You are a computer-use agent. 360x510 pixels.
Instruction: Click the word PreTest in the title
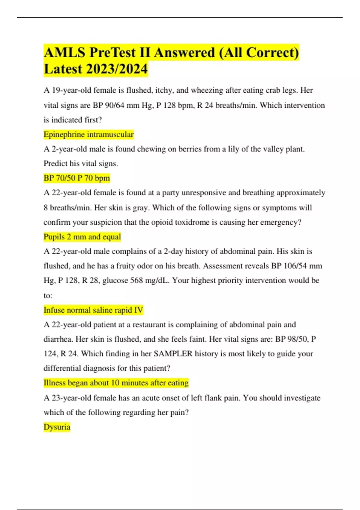[112, 53]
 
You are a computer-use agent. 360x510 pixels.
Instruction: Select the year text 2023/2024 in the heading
[117, 69]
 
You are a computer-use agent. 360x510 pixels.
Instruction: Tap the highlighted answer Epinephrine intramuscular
[88, 134]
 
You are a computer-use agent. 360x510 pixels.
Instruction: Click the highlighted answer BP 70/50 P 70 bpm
[77, 178]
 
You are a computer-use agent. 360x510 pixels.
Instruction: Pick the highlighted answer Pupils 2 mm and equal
[82, 237]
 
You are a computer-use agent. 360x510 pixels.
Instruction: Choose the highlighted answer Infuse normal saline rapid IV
[93, 310]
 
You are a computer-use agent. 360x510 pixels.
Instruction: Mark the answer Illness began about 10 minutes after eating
[116, 383]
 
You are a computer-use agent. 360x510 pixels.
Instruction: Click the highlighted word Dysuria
[57, 427]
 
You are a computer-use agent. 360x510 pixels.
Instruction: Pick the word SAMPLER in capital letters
[173, 354]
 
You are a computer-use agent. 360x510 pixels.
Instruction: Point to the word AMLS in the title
[64, 53]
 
